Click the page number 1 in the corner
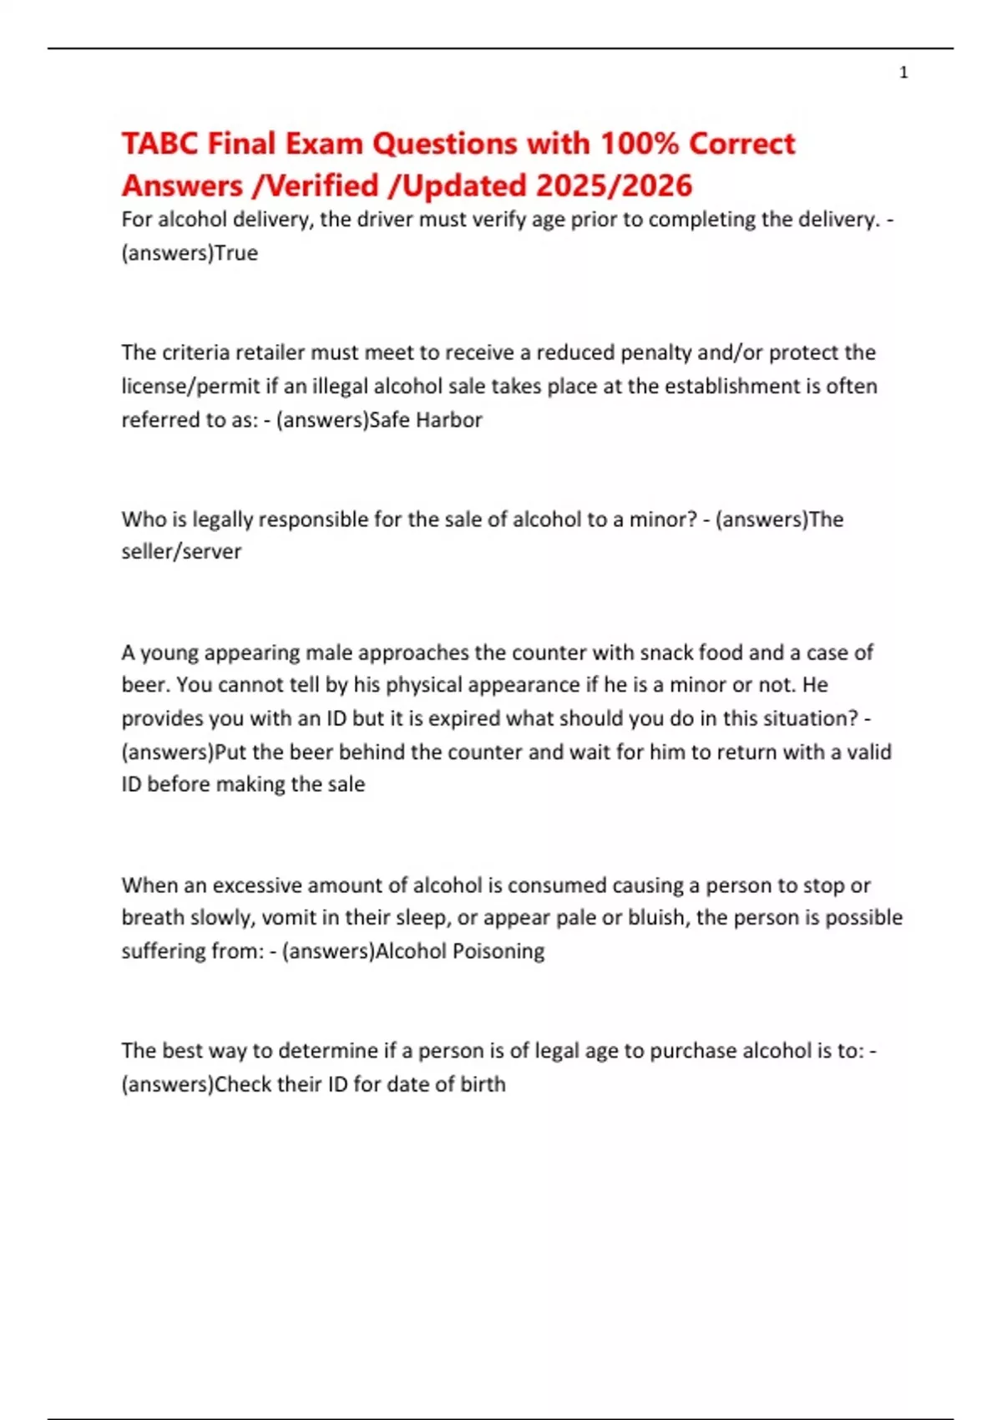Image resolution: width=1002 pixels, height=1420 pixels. click(903, 73)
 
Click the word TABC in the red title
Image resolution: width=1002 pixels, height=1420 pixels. click(160, 144)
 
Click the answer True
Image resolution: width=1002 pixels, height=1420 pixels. click(236, 253)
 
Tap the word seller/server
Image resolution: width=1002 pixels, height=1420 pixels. click(181, 551)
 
